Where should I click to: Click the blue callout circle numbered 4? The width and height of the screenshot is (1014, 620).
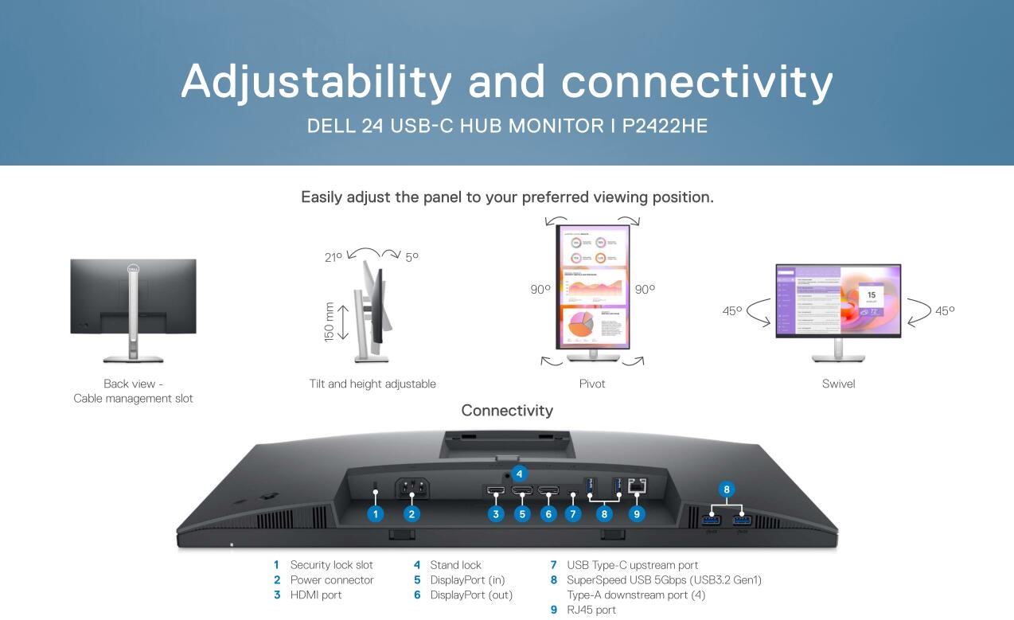coord(519,474)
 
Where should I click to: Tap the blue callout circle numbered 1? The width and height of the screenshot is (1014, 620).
coord(375,514)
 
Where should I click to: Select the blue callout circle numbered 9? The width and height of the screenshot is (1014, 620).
coord(637,514)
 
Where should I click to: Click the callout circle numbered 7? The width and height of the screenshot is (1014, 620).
coord(573,514)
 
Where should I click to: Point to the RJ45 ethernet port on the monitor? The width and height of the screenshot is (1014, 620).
coord(638,486)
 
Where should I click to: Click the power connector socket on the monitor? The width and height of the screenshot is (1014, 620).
coord(412,488)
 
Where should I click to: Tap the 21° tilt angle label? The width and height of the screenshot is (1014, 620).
coord(333,257)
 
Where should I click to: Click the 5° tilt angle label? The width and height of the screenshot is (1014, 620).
coord(412,257)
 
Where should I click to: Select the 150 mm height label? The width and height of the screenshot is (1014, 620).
coord(329,322)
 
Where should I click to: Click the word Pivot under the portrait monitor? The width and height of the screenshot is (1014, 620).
coord(592,384)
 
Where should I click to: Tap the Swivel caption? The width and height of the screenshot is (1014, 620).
coord(838,384)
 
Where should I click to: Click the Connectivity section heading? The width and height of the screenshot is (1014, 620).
coord(507,411)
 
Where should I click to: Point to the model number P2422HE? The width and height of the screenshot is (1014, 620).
coord(665,126)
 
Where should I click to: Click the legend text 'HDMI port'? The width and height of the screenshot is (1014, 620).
coord(316,595)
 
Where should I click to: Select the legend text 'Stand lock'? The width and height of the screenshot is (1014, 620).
coord(455,565)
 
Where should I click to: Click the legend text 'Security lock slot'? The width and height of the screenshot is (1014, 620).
coord(331,565)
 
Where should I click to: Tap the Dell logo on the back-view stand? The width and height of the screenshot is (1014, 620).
coord(133,269)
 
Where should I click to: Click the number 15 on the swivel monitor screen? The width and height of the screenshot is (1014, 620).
coord(872,294)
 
